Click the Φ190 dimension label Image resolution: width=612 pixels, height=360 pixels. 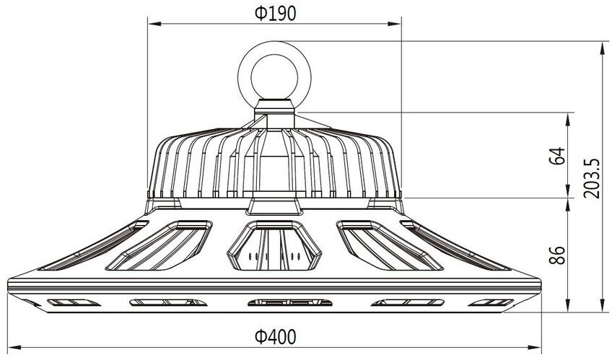click(275, 13)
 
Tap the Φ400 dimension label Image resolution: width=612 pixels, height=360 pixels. click(275, 337)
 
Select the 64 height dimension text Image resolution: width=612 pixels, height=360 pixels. click(557, 156)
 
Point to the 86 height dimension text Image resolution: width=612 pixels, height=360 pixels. click(557, 255)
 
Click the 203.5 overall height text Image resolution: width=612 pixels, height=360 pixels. click(592, 178)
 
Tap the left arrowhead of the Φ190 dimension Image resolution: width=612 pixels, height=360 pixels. click(154, 24)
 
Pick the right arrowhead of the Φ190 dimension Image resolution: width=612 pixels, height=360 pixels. click(394, 24)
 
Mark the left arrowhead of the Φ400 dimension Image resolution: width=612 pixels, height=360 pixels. click(14, 347)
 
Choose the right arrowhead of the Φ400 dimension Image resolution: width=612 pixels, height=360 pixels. click(534, 347)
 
